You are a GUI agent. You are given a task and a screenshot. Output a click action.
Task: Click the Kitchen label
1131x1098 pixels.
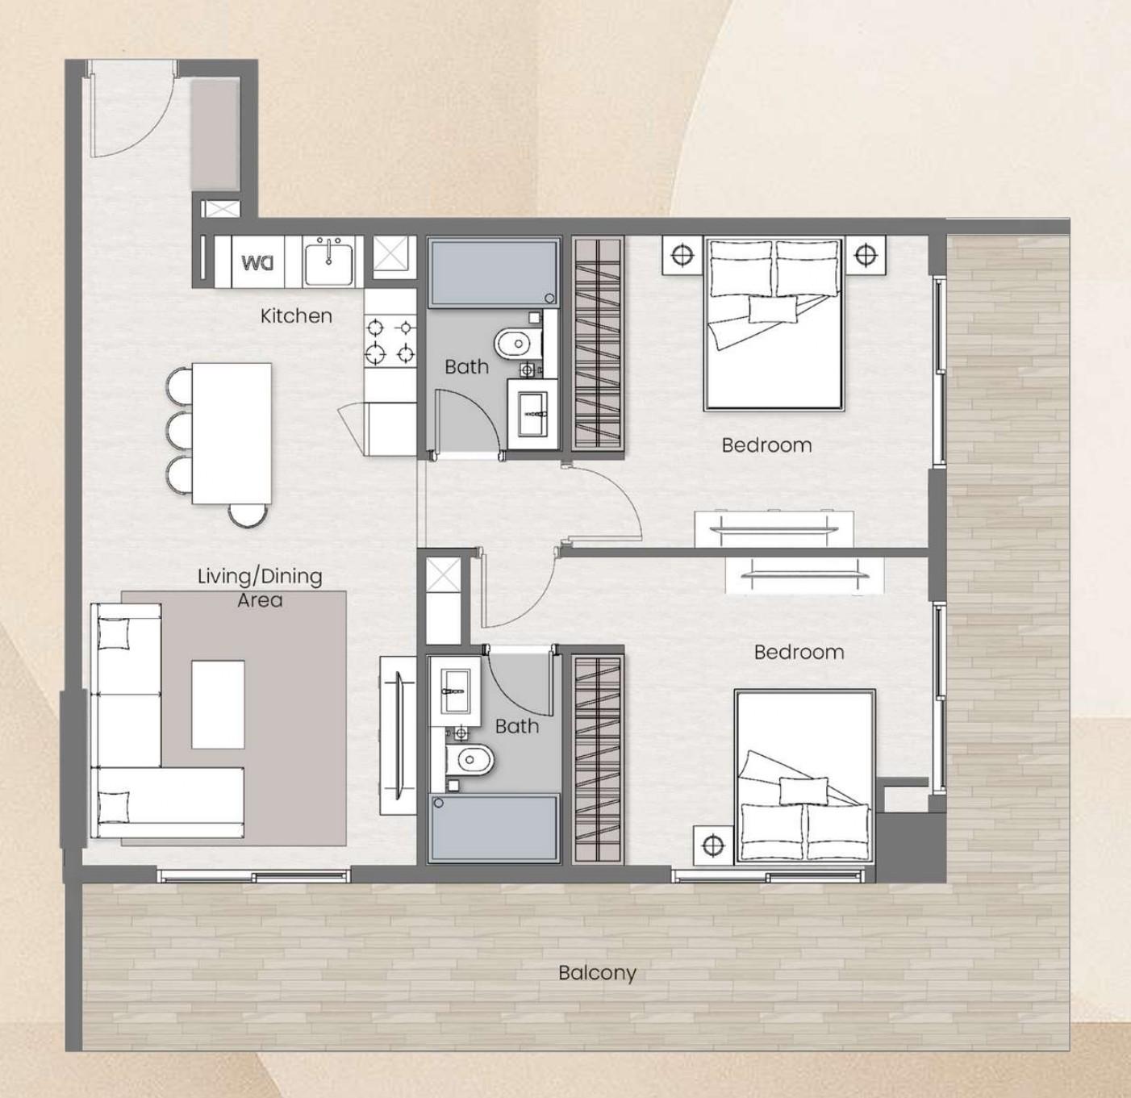click(x=296, y=315)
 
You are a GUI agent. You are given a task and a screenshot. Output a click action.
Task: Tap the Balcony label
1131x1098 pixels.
click(x=597, y=973)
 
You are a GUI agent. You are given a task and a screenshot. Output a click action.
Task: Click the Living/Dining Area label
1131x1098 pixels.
click(x=260, y=587)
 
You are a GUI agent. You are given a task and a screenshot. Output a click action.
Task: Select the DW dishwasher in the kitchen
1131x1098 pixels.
click(x=258, y=262)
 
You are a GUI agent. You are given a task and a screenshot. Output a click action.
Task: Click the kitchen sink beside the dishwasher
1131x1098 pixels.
click(x=329, y=261)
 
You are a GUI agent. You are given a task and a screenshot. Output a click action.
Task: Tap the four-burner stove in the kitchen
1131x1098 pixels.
click(x=390, y=340)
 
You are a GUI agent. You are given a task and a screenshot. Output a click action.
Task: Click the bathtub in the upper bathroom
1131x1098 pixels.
click(x=493, y=273)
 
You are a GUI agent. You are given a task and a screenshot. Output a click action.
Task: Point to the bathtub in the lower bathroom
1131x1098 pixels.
click(x=493, y=828)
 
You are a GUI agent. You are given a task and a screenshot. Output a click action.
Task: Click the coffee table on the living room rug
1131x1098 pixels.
click(x=218, y=704)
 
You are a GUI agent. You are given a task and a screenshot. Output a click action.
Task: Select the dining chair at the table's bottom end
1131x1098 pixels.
click(x=248, y=515)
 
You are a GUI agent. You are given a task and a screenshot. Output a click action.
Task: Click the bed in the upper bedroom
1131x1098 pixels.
click(x=774, y=323)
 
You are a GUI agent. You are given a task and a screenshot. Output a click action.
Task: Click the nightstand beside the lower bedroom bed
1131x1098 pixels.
click(x=712, y=845)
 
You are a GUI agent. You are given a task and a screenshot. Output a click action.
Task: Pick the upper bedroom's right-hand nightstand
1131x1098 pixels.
click(x=866, y=256)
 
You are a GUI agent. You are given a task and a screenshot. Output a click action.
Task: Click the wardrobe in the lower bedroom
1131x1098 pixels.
click(x=598, y=758)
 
